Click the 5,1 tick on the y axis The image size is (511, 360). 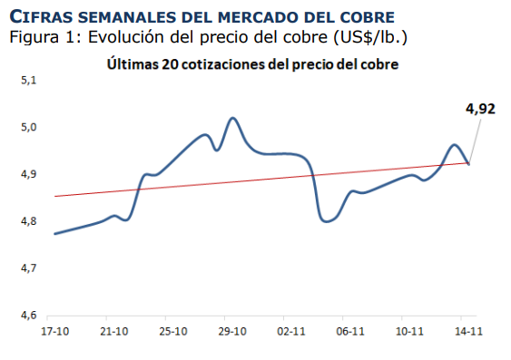point(27,81)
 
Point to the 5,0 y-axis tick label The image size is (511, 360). point(27,127)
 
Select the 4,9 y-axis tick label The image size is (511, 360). point(27,174)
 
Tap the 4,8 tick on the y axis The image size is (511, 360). point(27,221)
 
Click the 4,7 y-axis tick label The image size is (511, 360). point(27,268)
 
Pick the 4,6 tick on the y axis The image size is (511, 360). point(27,316)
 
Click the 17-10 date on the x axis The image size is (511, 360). point(54,332)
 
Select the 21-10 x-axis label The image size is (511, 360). point(113,332)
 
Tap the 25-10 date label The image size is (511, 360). point(172,332)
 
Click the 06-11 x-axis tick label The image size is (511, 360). point(350,332)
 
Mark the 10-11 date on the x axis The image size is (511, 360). point(409,332)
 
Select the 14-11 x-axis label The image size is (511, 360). point(468,332)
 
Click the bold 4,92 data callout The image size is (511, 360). point(480,110)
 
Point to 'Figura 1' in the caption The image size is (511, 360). point(35,38)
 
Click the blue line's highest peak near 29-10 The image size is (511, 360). point(233,118)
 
